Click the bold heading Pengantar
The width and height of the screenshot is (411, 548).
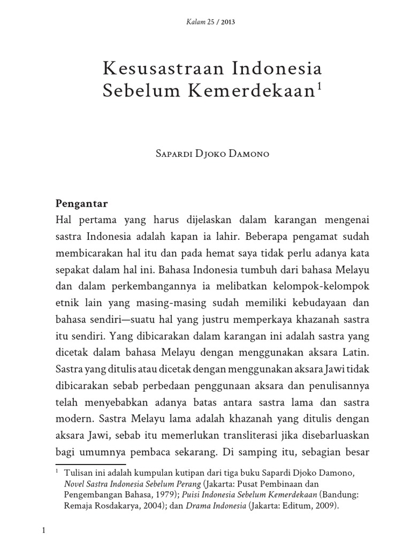pyautogui.click(x=82, y=203)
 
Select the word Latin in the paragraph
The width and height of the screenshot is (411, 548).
pyautogui.click(x=355, y=354)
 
